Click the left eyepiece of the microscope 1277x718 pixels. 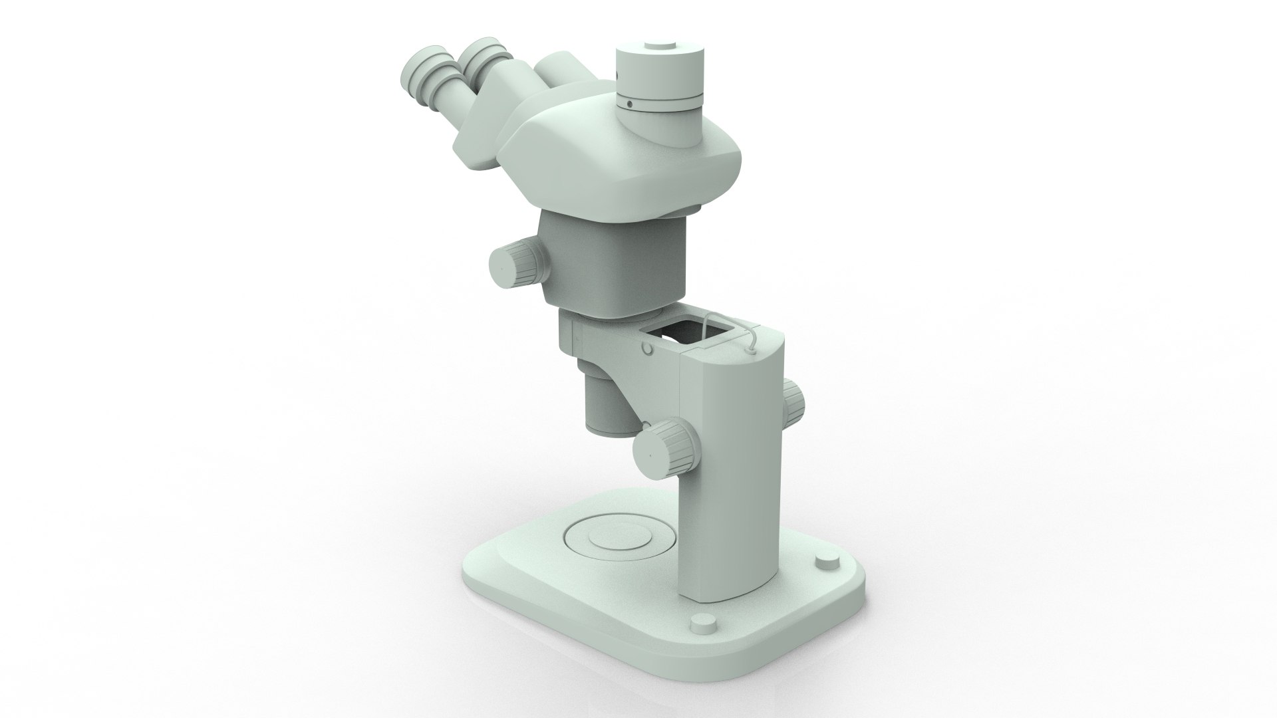pyautogui.click(x=423, y=73)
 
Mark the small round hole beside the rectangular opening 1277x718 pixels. pyautogui.click(x=646, y=348)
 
